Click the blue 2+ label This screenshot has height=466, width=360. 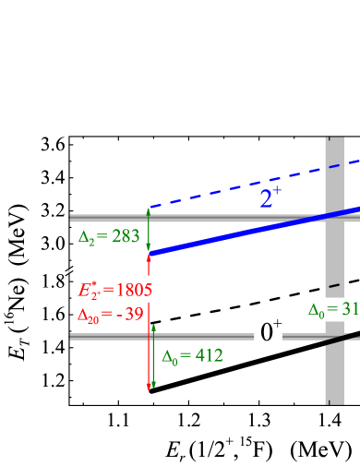tap(270, 197)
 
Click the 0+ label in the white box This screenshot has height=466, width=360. tap(269, 330)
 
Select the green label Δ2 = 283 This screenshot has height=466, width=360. tap(109, 236)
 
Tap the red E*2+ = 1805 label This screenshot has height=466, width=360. tap(115, 289)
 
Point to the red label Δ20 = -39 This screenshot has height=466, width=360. tap(110, 315)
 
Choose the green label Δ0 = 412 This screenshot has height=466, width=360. tap(192, 355)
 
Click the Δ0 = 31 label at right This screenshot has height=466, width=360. tap(332, 309)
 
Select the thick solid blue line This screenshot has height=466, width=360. tap(249, 232)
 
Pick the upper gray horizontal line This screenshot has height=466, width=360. tap(111, 218)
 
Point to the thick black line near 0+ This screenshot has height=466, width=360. tap(342, 337)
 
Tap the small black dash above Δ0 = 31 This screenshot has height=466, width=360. tap(334, 285)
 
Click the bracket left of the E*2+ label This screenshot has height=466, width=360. tap(68, 289)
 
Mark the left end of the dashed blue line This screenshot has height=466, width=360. tap(150, 207)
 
